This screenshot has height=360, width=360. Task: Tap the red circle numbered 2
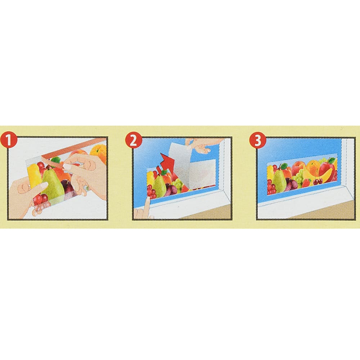(133, 140)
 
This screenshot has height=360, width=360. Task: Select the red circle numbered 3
(257, 140)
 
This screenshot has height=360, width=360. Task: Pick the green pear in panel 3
(279, 181)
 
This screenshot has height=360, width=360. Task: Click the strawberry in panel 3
(306, 183)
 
